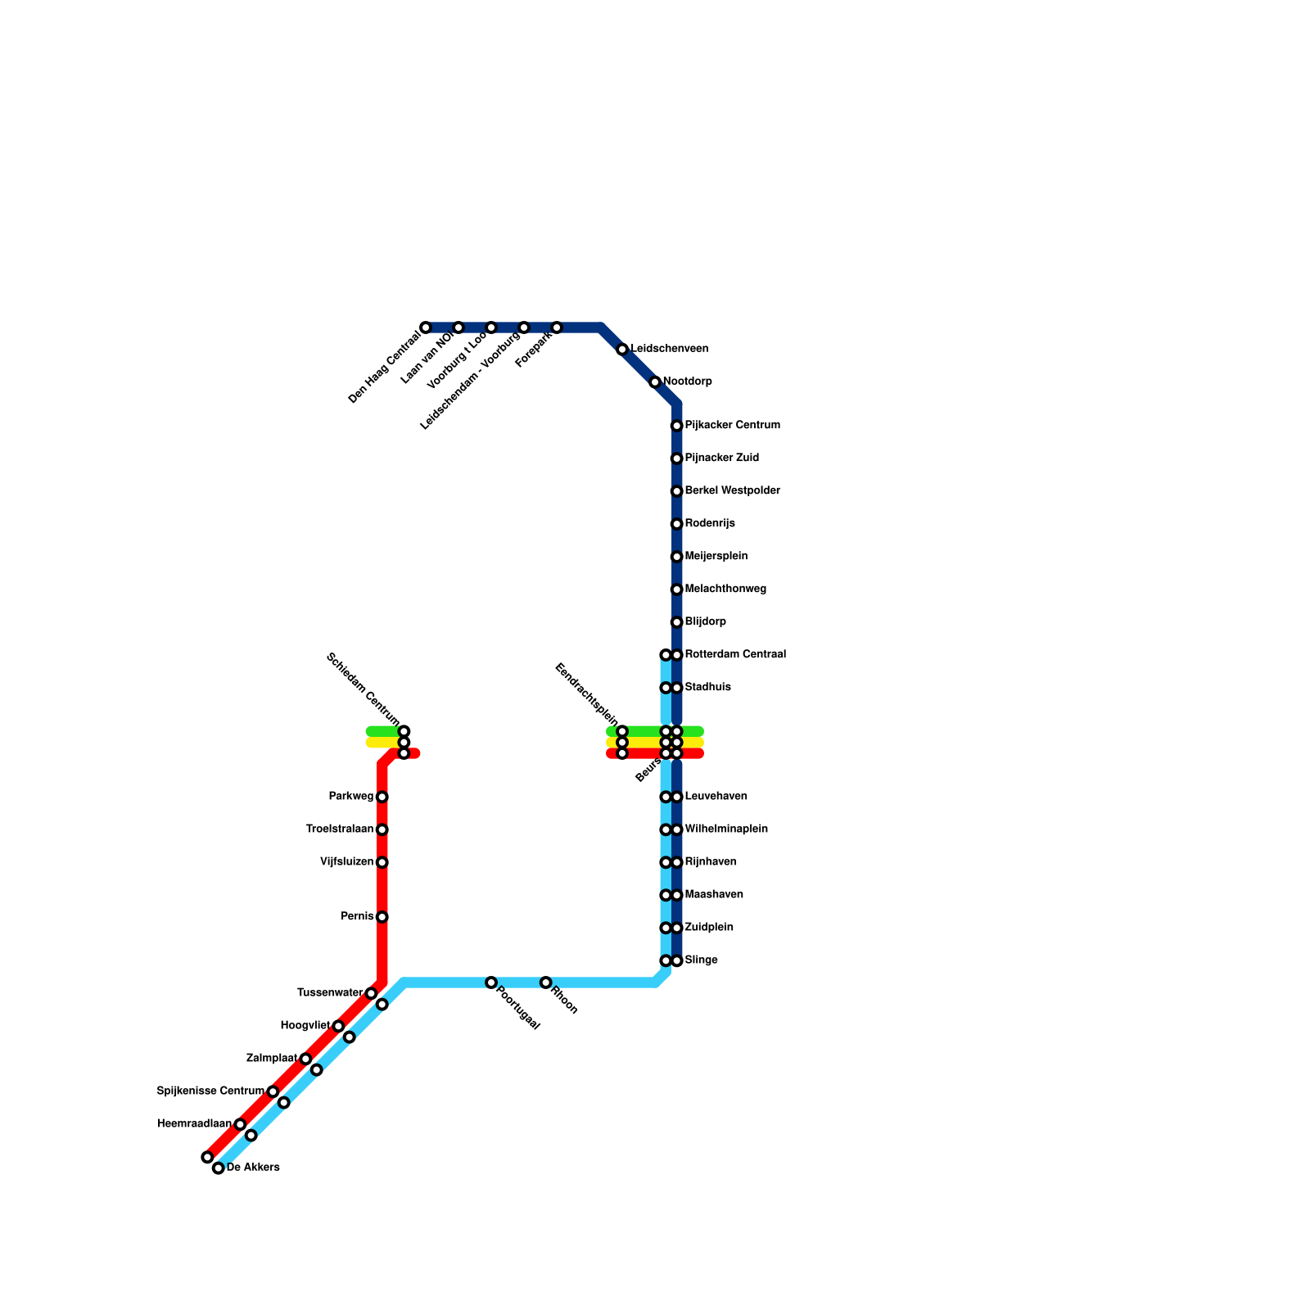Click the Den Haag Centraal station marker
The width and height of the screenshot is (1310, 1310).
click(426, 327)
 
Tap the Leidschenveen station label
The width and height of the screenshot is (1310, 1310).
click(669, 349)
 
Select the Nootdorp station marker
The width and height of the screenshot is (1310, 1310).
click(655, 382)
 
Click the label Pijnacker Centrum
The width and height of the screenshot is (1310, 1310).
click(732, 426)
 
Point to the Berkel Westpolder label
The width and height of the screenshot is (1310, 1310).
click(732, 491)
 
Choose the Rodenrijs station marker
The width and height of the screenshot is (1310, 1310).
click(676, 524)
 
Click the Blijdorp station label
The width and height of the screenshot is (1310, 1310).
click(705, 622)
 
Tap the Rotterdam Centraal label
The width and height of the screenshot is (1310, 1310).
click(734, 655)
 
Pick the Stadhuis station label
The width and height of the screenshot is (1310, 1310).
click(707, 688)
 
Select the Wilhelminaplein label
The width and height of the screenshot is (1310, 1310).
click(725, 829)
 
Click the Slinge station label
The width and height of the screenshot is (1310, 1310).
click(701, 960)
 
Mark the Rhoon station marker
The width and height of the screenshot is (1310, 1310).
click(545, 982)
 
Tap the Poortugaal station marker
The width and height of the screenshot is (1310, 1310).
click(491, 982)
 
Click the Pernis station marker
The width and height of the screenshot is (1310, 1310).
click(382, 917)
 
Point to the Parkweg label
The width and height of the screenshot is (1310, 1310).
click(351, 797)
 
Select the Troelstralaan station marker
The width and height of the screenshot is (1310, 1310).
click(382, 829)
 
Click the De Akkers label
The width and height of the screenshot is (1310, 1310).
click(253, 1168)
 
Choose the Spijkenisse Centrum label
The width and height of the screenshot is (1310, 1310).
click(210, 1091)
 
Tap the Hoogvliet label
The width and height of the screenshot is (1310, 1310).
click(305, 1026)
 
